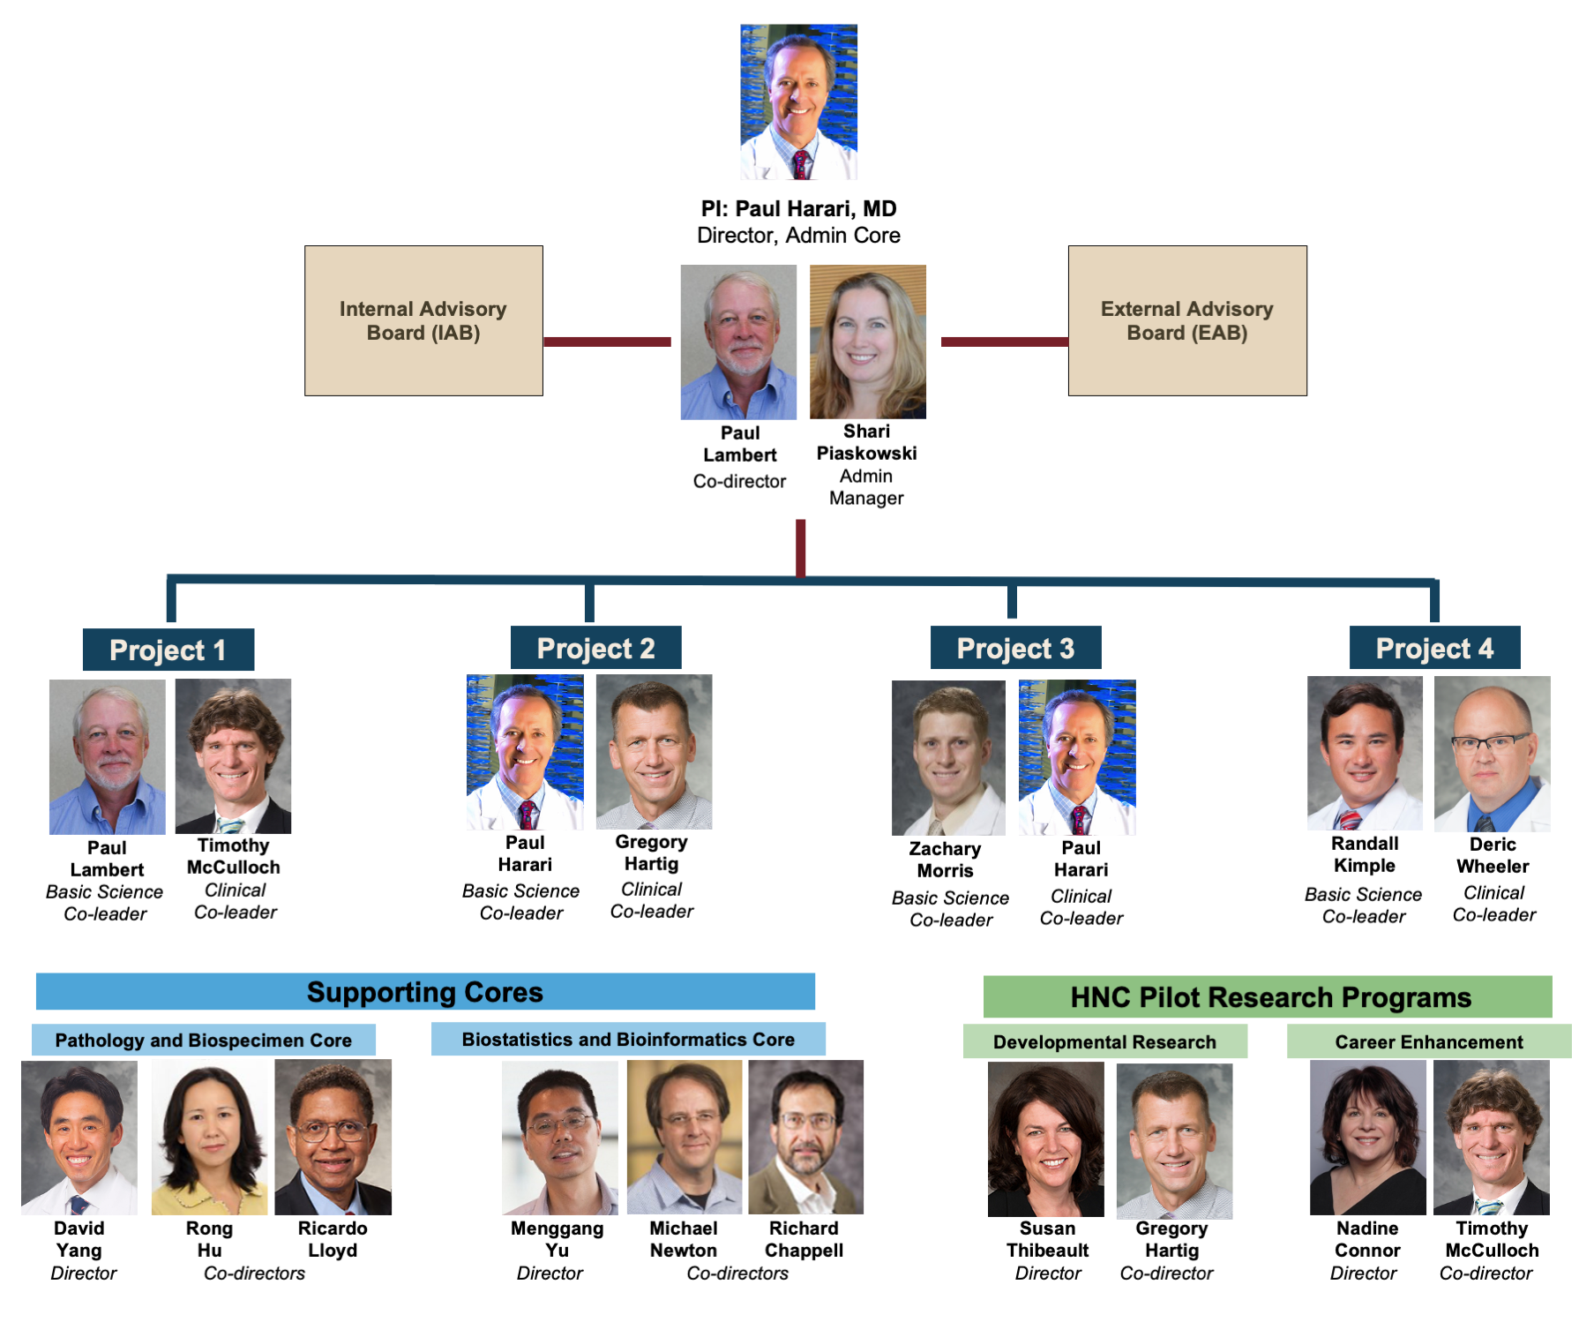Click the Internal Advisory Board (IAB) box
point(423,320)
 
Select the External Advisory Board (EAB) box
point(1186,320)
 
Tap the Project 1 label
point(168,650)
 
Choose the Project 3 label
point(1015,649)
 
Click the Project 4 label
point(1434,649)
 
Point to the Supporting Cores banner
point(425,992)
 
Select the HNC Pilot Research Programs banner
point(1268,997)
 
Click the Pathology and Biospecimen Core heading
point(203,1041)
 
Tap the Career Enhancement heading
point(1428,1042)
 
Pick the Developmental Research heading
point(1104,1042)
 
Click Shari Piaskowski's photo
point(867,342)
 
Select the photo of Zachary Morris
point(948,757)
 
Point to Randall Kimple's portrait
point(1364,753)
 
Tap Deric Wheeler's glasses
point(1490,742)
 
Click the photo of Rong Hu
point(210,1138)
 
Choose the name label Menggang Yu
point(557,1239)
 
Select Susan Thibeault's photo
point(1046,1139)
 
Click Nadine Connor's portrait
point(1367,1138)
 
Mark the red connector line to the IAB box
point(607,342)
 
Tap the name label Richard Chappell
point(804,1239)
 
